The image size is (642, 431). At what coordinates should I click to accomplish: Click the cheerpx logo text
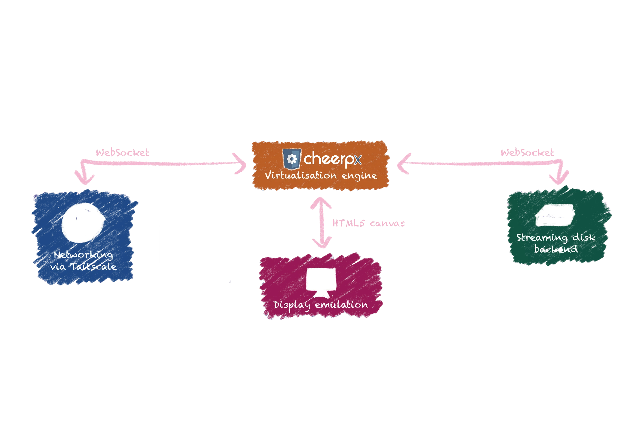[x=332, y=159]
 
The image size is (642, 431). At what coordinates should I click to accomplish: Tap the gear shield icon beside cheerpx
[x=292, y=159]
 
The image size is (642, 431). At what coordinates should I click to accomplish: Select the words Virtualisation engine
[x=321, y=175]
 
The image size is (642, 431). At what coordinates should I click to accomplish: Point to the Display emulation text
[x=321, y=305]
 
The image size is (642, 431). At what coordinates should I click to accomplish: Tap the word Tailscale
[x=93, y=267]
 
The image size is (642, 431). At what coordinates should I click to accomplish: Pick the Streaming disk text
[x=556, y=237]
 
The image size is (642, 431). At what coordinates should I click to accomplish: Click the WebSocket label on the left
[x=122, y=152]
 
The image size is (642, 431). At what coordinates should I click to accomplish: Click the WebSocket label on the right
[x=527, y=152]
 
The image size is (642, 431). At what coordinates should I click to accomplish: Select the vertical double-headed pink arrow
[x=321, y=222]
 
